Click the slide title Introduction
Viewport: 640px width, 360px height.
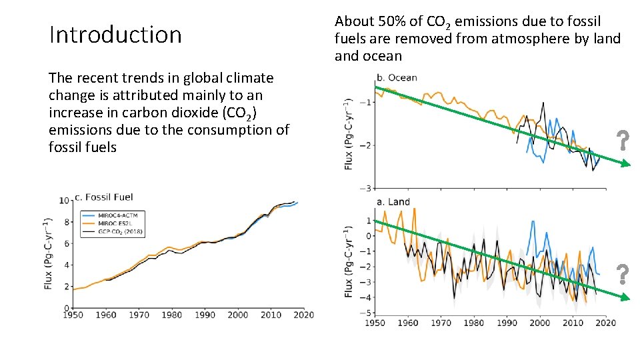tap(115, 35)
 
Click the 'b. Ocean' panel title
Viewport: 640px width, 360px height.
tap(397, 77)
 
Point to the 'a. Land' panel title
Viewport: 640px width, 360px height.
tap(393, 202)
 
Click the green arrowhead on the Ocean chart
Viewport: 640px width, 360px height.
tap(625, 165)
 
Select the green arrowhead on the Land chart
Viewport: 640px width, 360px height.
tap(625, 297)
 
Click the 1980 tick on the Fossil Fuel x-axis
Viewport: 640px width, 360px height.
tap(172, 315)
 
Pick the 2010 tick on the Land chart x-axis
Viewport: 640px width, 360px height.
tap(573, 323)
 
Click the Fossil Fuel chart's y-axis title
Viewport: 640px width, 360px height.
tap(49, 253)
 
